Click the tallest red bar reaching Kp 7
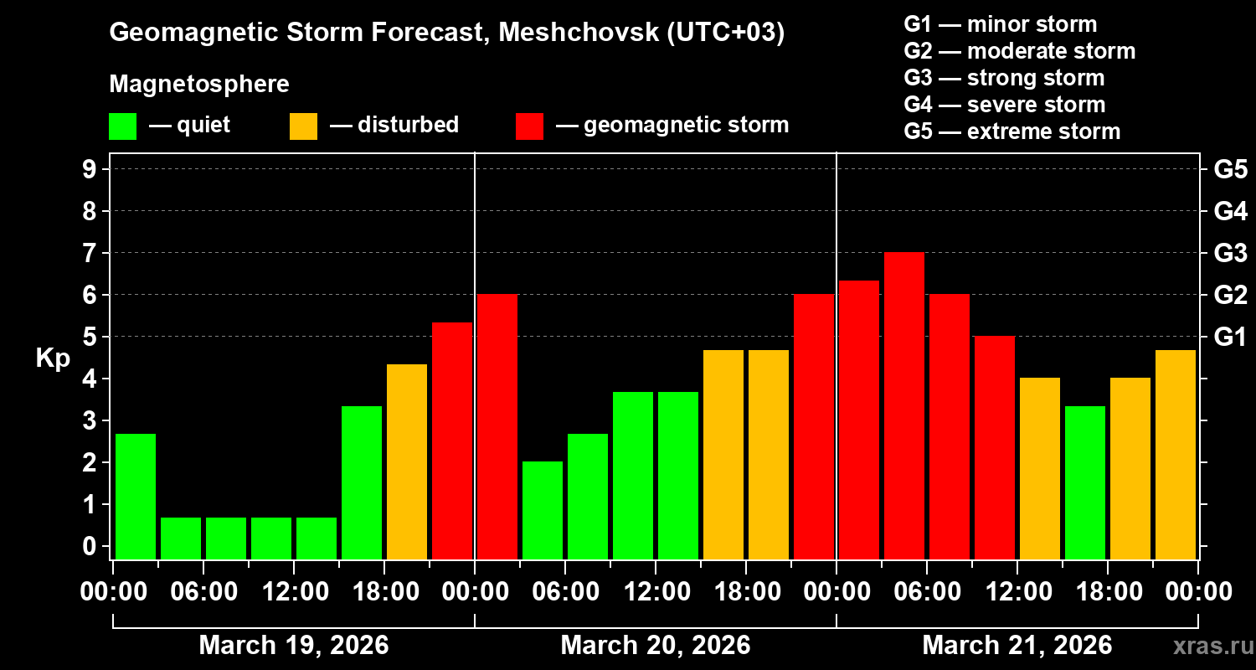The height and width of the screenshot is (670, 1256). click(x=904, y=406)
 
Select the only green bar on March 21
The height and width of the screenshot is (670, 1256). click(x=1085, y=482)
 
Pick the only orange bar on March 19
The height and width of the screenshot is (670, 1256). click(x=407, y=461)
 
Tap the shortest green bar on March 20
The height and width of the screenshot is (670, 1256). click(x=543, y=510)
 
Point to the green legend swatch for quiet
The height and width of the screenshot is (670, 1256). click(x=122, y=126)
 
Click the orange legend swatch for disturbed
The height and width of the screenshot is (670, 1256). click(x=303, y=126)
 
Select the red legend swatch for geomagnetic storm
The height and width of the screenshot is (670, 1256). click(x=529, y=126)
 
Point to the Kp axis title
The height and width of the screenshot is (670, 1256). click(x=53, y=358)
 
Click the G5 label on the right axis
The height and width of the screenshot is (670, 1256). click(x=1230, y=169)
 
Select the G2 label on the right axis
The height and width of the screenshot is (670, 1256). click(x=1230, y=295)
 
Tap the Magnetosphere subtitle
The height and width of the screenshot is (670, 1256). click(x=199, y=85)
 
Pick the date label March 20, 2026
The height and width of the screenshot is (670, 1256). click(x=655, y=646)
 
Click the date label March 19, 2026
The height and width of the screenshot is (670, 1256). click(x=293, y=646)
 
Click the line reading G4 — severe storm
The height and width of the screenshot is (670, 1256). click(x=1004, y=105)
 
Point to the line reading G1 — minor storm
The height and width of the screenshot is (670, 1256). click(x=1000, y=24)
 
